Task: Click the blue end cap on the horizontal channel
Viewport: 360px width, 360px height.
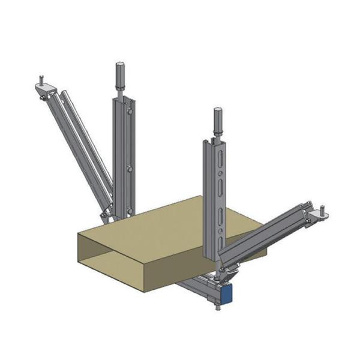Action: pyautogui.click(x=226, y=293)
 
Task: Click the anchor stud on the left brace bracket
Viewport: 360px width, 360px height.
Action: pyautogui.click(x=41, y=78)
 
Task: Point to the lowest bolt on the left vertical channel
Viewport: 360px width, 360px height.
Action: pyautogui.click(x=130, y=210)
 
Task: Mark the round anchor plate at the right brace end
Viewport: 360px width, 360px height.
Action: pyautogui.click(x=322, y=217)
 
